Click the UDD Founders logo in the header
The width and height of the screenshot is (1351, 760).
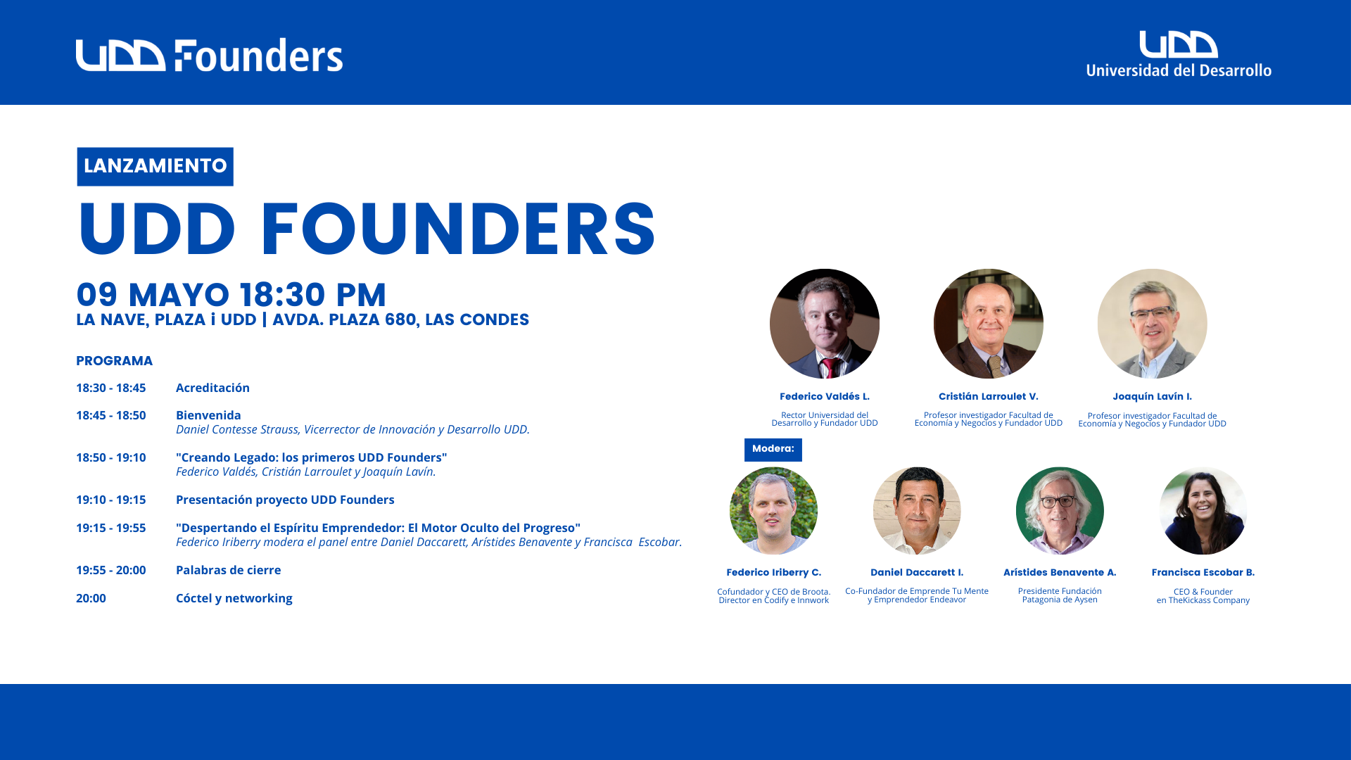[209, 55]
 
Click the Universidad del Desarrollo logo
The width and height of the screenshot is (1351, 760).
[1179, 53]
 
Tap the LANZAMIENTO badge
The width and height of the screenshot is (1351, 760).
[155, 167]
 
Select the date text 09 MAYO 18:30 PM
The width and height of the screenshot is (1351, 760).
[231, 294]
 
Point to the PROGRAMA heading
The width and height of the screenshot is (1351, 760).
[114, 361]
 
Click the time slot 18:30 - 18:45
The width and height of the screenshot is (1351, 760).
[111, 388]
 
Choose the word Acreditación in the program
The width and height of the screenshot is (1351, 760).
[213, 388]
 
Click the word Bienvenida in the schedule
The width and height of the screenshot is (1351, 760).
[208, 415]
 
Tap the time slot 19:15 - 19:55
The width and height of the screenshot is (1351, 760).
[111, 528]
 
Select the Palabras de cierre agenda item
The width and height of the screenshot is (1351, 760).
[228, 570]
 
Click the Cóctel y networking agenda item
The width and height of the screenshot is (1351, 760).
[234, 598]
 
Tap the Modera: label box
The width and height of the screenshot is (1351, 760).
[773, 450]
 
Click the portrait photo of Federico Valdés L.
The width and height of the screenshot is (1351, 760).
[825, 324]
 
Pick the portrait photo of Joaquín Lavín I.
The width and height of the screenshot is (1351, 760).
[1153, 324]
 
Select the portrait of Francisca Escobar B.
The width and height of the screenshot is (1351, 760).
[1203, 511]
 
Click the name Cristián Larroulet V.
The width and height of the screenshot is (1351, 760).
[989, 397]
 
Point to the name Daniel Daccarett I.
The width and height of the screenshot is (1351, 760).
[917, 573]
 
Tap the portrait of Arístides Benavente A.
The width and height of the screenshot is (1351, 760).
[1060, 511]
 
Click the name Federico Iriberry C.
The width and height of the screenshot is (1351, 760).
[774, 573]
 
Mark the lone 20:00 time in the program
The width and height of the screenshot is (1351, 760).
[91, 598]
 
